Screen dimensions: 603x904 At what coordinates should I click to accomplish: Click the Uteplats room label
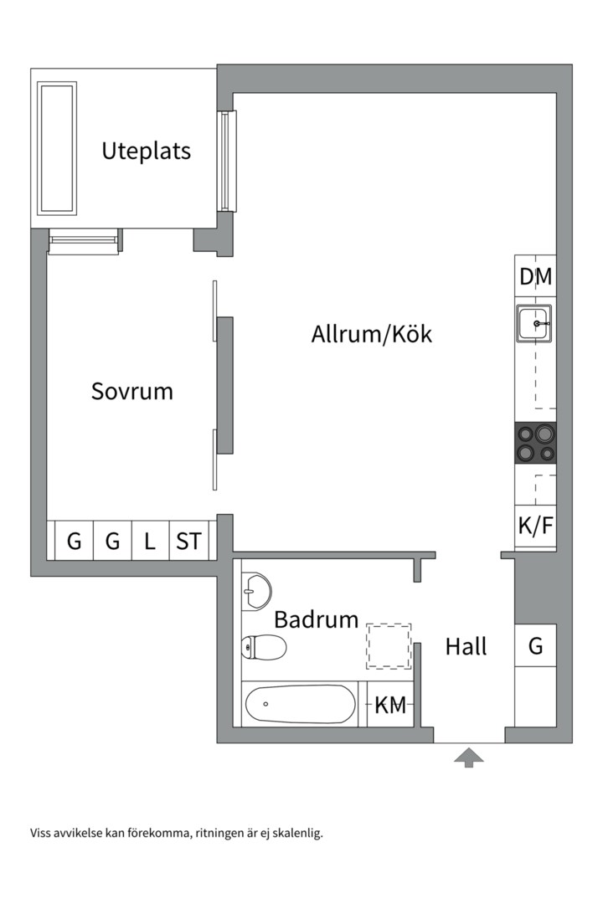point(146,151)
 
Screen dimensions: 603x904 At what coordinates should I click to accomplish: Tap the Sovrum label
point(132,392)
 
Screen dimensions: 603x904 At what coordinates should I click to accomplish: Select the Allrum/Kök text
point(372,334)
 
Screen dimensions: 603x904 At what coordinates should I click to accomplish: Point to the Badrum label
point(317,619)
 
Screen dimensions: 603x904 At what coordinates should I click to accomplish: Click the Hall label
point(466,646)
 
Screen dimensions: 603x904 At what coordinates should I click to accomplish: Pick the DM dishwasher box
point(535,276)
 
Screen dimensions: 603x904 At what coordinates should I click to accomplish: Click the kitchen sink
point(533,323)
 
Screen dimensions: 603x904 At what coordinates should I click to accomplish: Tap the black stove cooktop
point(535,443)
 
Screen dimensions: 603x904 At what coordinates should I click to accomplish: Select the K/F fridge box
point(535,526)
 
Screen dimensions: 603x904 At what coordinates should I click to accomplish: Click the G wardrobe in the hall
point(535,645)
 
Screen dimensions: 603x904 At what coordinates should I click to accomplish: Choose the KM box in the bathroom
point(390,704)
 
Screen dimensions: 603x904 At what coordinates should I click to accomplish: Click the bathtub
point(300,704)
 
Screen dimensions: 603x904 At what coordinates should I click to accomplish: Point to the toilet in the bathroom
point(264,647)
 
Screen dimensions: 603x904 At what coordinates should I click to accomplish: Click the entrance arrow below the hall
point(468,758)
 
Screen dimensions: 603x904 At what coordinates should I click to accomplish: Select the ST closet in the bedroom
point(188,541)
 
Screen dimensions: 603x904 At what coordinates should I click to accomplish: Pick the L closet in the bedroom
point(150,541)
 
